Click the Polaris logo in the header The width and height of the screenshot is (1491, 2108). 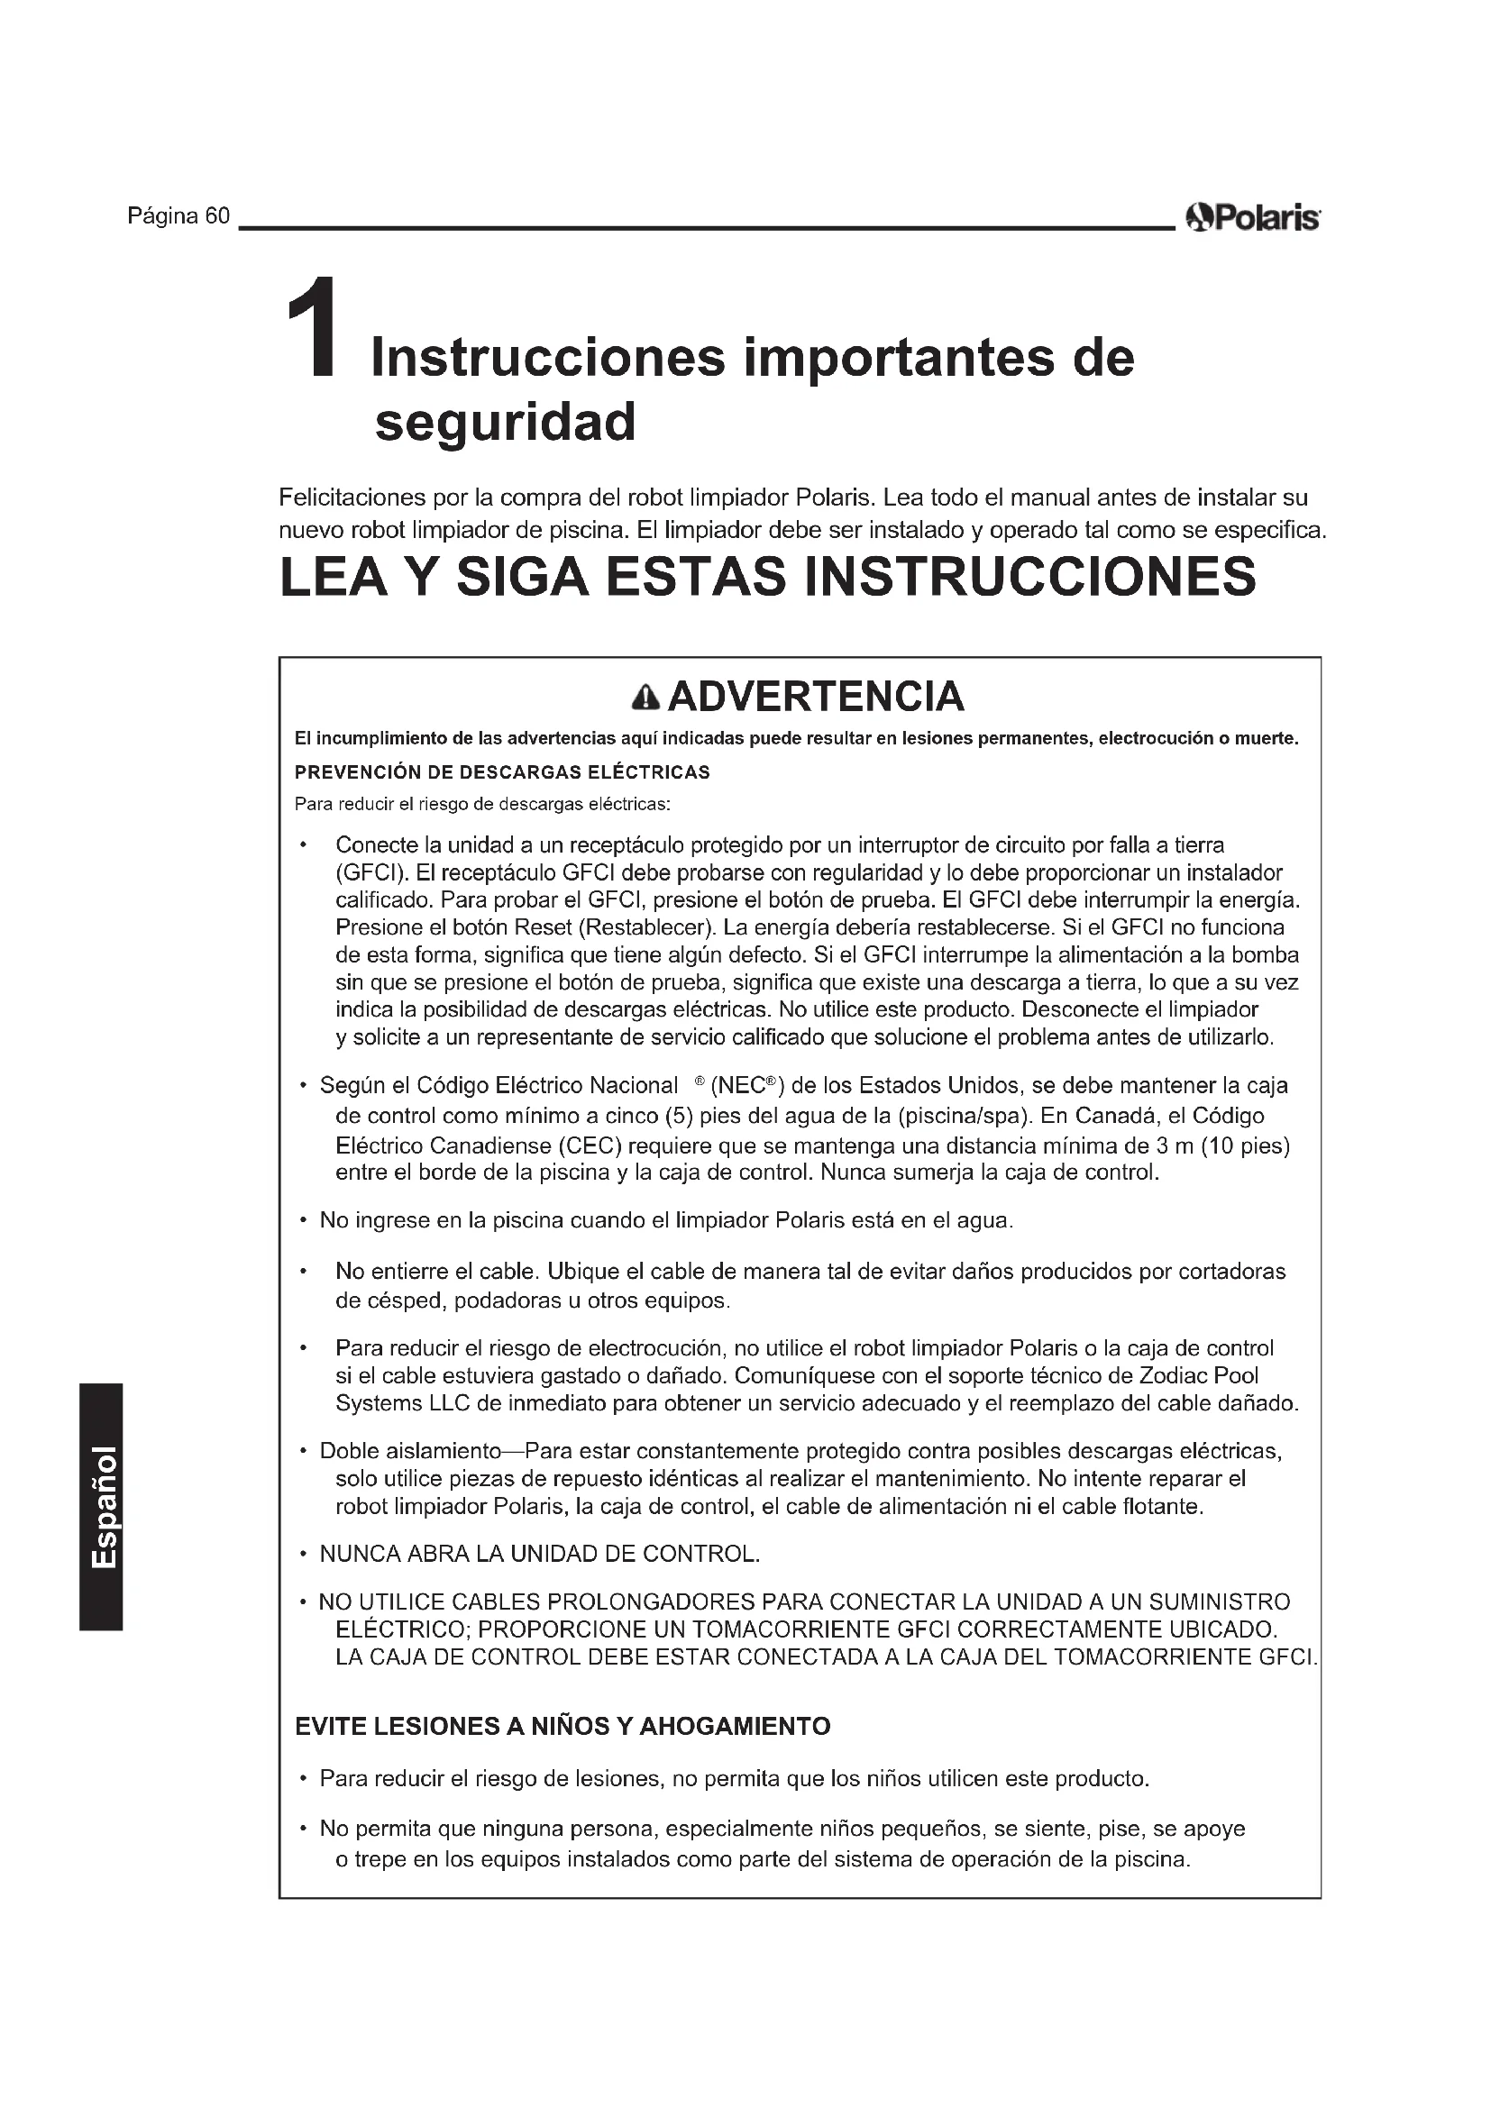(x=1252, y=219)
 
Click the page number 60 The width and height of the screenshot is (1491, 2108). (x=217, y=216)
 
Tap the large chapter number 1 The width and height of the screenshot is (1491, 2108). (x=312, y=328)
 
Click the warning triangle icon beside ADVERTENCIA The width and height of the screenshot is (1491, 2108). (x=646, y=698)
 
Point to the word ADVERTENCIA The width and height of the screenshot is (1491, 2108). (x=815, y=697)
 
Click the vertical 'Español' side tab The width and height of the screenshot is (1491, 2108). (x=101, y=1507)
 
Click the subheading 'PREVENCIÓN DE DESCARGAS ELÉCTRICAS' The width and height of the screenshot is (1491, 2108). (x=502, y=772)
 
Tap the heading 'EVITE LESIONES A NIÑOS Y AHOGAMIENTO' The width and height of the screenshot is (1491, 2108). (x=562, y=1727)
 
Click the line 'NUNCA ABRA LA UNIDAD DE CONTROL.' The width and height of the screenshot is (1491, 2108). (x=540, y=1555)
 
